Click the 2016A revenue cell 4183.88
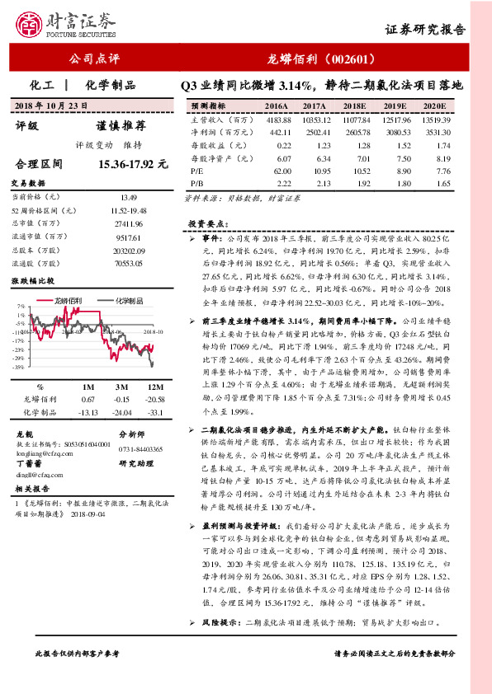pyautogui.click(x=276, y=120)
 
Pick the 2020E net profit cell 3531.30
pyautogui.click(x=435, y=132)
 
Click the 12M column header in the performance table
pyautogui.click(x=154, y=386)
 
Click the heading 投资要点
pyautogui.click(x=206, y=223)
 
